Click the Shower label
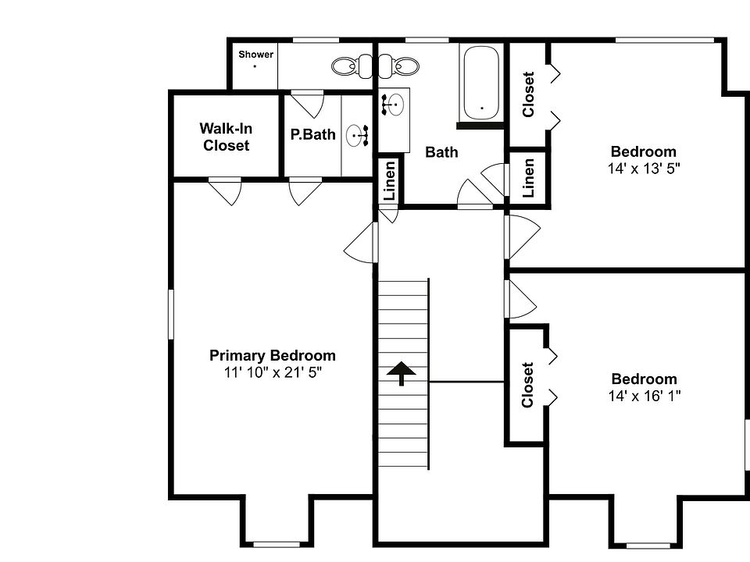(x=255, y=55)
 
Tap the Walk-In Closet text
(x=226, y=137)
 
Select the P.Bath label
(x=312, y=134)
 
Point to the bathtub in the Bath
(x=482, y=84)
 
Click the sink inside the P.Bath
(x=358, y=136)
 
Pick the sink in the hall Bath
(x=395, y=103)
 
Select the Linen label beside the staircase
(x=391, y=180)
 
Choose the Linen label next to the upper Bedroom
(x=529, y=177)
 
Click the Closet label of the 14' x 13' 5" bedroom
(x=529, y=94)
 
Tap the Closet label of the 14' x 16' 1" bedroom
(x=527, y=384)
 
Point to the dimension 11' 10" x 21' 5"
(x=273, y=372)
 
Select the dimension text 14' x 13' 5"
(x=644, y=168)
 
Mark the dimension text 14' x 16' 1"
(x=644, y=396)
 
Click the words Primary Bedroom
(x=273, y=356)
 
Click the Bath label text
(x=441, y=152)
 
